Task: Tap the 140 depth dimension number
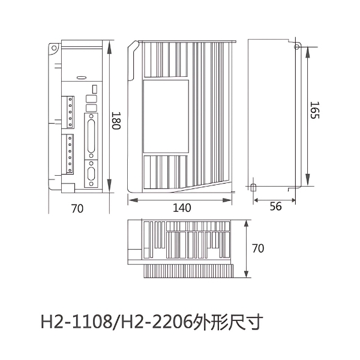point(181,208)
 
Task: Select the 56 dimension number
point(275,206)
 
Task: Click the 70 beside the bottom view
point(257,248)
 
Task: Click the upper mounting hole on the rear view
point(296,46)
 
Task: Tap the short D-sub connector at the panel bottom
point(92,175)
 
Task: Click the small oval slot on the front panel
point(81,77)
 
